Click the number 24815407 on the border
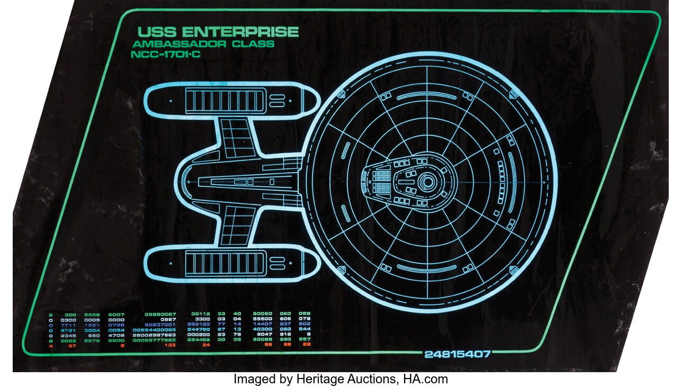tap(457, 354)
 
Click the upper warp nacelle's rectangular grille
tap(225, 100)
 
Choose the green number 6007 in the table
tap(116, 314)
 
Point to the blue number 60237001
tap(160, 324)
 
